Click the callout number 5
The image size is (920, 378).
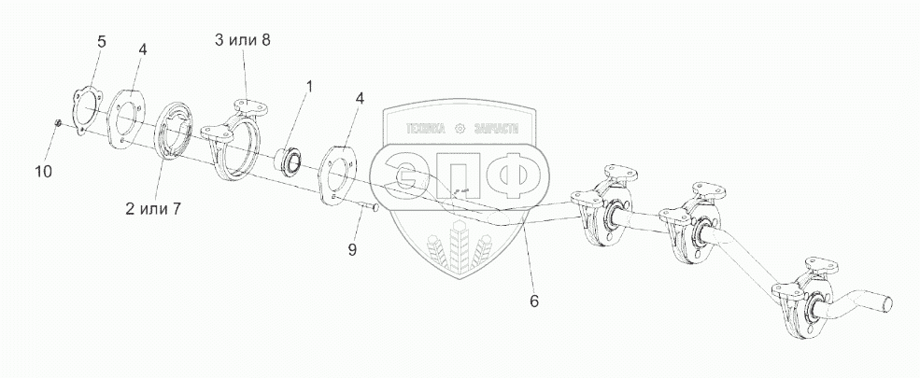click(x=102, y=41)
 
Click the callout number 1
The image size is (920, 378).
click(x=309, y=86)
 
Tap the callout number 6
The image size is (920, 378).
click(x=533, y=301)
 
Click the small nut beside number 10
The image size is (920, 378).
click(x=58, y=122)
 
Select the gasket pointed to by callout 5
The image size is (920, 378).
click(x=85, y=111)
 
